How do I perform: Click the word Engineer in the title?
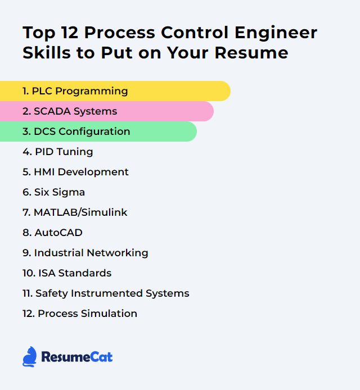click(276, 33)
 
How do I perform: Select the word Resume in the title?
click(251, 53)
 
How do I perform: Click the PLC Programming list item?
click(75, 91)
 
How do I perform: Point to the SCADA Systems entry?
click(70, 111)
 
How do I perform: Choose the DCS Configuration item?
click(76, 131)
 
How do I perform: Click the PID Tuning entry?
click(58, 152)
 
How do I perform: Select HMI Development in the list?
click(75, 172)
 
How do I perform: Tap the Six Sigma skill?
click(54, 192)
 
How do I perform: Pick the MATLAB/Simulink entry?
click(75, 212)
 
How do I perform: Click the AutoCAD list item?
click(52, 233)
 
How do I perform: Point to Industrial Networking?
click(85, 253)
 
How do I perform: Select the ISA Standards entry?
click(67, 273)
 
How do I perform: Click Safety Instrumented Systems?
click(106, 293)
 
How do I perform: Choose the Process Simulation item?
click(80, 314)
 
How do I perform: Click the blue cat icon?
click(30, 357)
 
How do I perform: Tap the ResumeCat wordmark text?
click(77, 357)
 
